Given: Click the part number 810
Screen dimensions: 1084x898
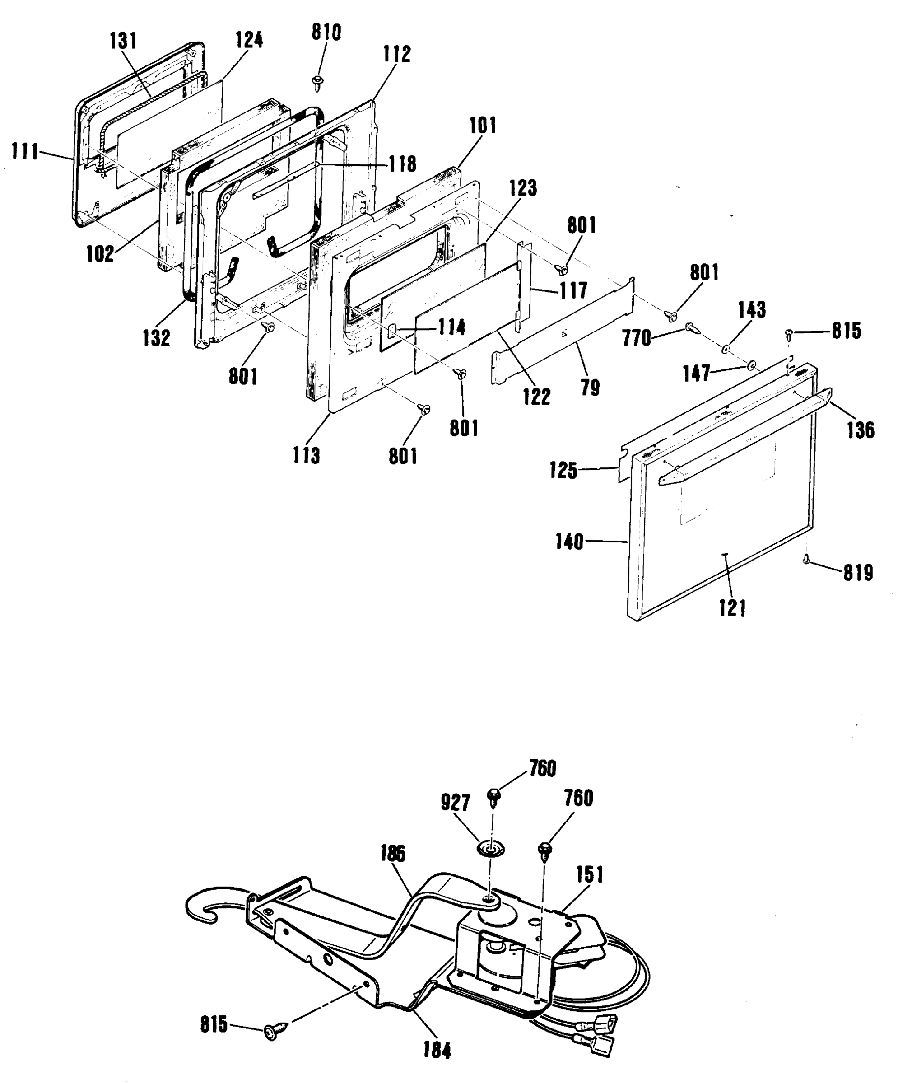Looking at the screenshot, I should point(326,33).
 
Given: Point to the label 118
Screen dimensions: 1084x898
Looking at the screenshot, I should point(402,164).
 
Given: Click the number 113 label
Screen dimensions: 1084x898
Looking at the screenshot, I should point(306,455).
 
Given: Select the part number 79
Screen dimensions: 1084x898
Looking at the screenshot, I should point(590,388).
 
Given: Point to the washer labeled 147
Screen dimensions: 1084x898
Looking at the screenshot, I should point(751,366).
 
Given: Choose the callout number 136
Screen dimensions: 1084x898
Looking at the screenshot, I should point(861,430).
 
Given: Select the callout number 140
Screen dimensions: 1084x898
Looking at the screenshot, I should point(569,542).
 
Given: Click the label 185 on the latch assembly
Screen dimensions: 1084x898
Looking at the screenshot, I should point(393,854).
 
